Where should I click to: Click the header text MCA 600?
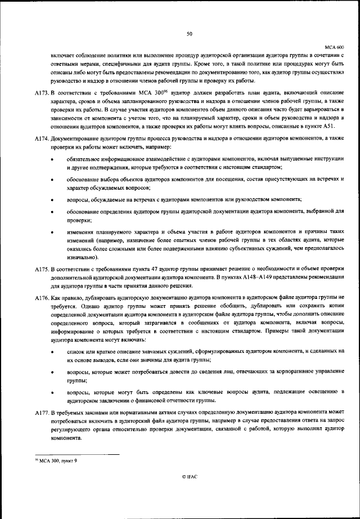pyautogui.click(x=334, y=47)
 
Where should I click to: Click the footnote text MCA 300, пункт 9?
pyautogui.click(x=58, y=460)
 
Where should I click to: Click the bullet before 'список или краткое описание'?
pyautogui.click(x=52, y=350)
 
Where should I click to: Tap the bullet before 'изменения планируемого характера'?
pyautogui.click(x=52, y=232)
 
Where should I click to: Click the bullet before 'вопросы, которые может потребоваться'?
pyautogui.click(x=52, y=373)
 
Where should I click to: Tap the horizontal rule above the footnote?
pyautogui.click(x=76, y=455)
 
